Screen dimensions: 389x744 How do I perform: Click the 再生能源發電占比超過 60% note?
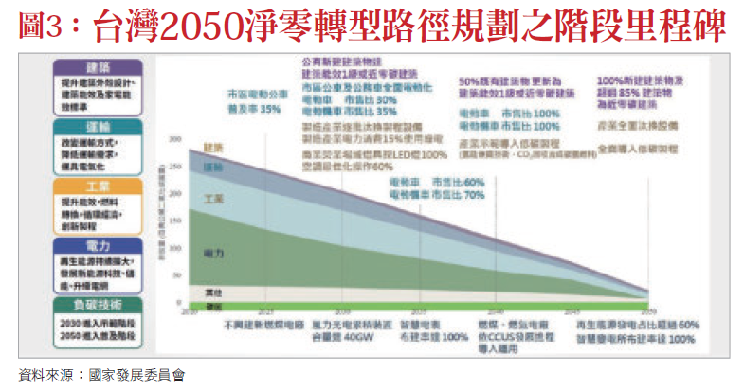pos(636,325)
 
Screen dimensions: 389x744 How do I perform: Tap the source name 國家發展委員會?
pos(136,375)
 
